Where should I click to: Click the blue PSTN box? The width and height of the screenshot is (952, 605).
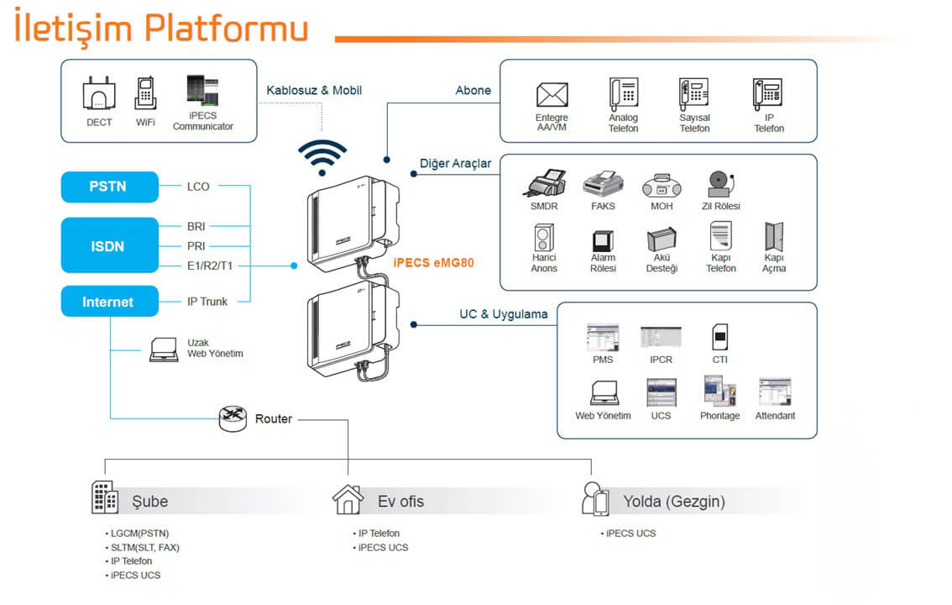[x=109, y=187]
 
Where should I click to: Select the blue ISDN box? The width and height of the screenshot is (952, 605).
[x=109, y=246]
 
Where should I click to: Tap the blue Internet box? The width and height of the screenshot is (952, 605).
[x=109, y=302]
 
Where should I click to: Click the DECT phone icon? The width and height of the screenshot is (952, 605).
[x=99, y=94]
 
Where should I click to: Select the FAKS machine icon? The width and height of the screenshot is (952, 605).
[x=602, y=184]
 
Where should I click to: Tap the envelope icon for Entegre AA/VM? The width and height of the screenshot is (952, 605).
[x=552, y=95]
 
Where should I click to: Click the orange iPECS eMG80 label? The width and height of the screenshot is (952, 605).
[x=433, y=262]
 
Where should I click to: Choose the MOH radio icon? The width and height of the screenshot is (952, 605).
[x=662, y=185]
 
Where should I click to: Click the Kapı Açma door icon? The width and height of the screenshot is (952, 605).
[x=773, y=237]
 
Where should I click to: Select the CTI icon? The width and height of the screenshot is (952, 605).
[x=719, y=338]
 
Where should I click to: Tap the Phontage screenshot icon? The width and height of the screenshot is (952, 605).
[x=719, y=392]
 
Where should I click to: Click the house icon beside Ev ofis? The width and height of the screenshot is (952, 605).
[x=348, y=499]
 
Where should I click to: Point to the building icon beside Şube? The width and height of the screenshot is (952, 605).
[x=105, y=497]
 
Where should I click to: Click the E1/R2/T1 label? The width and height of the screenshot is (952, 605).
[x=209, y=266]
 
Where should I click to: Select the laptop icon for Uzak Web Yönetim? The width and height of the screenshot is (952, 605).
[x=164, y=349]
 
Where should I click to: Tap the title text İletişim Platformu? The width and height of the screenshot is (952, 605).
[x=160, y=26]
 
